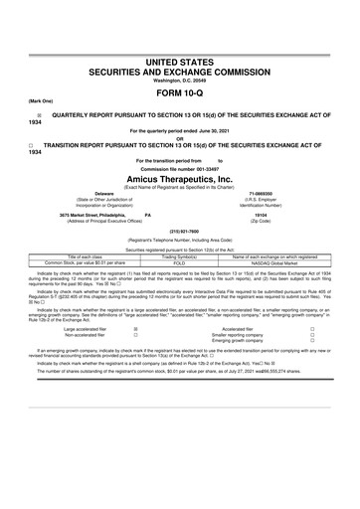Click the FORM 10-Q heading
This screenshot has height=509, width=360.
[180, 93]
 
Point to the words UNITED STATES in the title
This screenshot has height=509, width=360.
[180, 62]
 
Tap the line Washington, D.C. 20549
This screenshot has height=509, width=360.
[180, 81]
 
